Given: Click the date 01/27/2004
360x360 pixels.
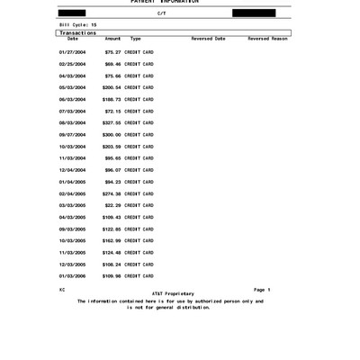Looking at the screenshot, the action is point(71,53).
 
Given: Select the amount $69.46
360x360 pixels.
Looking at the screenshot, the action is point(112,65).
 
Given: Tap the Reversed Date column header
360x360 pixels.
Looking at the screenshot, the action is point(208,39).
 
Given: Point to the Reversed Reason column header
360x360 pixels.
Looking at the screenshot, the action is point(267,39).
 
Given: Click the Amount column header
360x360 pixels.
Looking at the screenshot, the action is point(112,39).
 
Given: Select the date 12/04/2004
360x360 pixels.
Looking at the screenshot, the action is point(71,170).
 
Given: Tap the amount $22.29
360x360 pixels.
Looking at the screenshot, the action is point(112,205).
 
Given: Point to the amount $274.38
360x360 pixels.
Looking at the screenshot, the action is point(111,193).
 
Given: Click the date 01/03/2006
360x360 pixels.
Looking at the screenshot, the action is point(71,275).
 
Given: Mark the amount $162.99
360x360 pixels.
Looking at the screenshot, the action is point(111,240).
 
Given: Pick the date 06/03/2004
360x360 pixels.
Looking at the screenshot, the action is point(71,100).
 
